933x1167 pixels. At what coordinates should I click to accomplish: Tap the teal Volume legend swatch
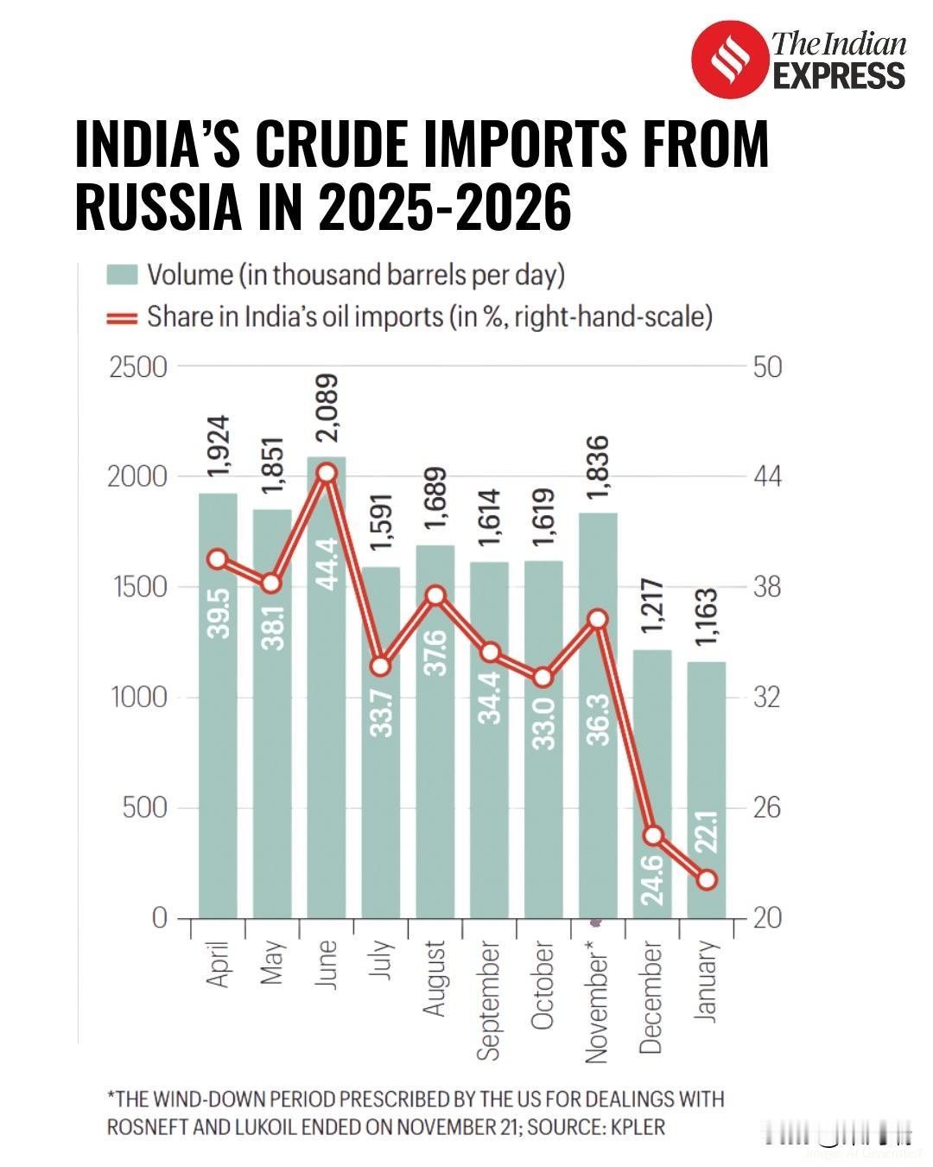pos(122,275)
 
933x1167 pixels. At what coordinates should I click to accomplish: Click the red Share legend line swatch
pos(122,317)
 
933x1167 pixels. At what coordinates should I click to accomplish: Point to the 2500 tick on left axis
pos(138,367)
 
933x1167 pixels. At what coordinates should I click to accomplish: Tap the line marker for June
pos(327,473)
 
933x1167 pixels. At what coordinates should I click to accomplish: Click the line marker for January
pos(707,880)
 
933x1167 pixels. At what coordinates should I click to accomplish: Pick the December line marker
pos(653,836)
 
